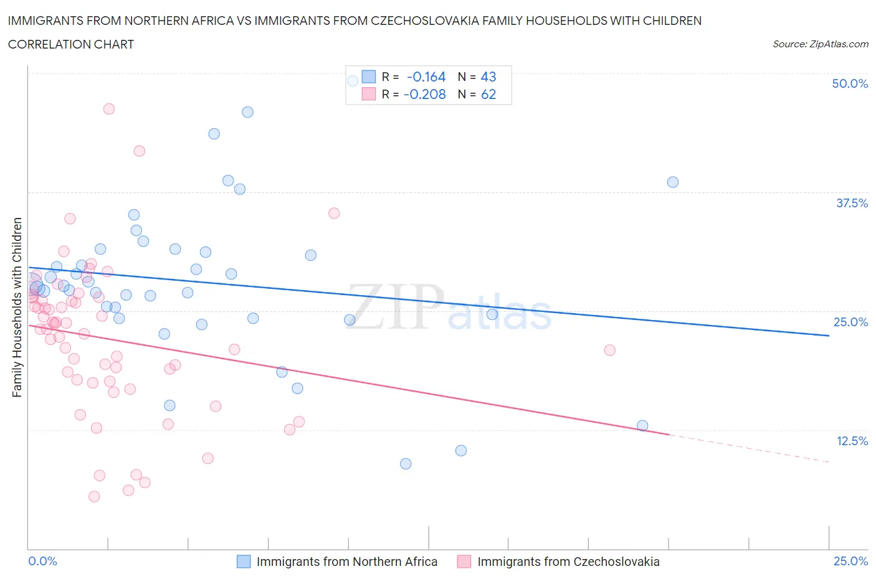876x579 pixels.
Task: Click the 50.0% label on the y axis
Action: [849, 83]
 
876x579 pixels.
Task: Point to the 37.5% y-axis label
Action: [851, 203]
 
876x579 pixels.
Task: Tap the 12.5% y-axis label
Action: [851, 441]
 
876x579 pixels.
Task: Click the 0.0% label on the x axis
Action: [42, 561]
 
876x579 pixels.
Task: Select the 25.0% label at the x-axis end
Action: [850, 561]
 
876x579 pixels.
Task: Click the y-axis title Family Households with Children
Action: [17, 307]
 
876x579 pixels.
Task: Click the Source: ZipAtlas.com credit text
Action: [820, 44]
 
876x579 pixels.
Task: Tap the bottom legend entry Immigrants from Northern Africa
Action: [346, 562]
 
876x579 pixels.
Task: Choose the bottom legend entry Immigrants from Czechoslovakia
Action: [568, 562]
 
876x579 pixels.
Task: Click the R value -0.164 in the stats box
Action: [426, 77]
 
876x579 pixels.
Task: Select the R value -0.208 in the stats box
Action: [425, 94]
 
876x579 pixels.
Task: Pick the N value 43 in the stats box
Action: [488, 77]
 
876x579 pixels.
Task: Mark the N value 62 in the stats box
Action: [488, 94]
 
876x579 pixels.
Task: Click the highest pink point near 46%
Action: [109, 109]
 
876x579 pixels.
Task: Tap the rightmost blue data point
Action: [673, 182]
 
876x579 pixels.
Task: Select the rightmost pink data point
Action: [610, 350]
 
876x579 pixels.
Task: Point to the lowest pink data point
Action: [94, 496]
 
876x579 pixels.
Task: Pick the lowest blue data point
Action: [406, 464]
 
